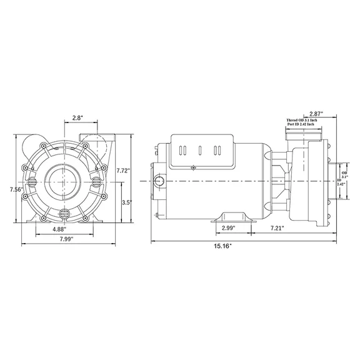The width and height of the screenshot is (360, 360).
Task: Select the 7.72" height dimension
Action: (124, 170)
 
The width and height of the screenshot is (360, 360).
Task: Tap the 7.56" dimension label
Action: (8, 189)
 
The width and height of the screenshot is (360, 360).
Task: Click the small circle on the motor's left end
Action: (161, 181)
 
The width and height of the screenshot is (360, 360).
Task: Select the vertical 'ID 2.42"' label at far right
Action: (341, 182)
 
